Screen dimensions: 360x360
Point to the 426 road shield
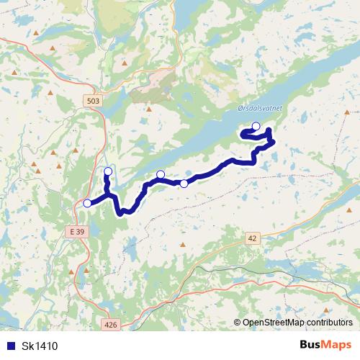tap(110, 325)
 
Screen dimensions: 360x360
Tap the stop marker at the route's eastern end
tap(256, 126)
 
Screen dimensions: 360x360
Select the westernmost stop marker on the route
tap(87, 203)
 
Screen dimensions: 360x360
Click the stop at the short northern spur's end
tap(108, 171)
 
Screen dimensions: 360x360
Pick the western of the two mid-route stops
tap(161, 174)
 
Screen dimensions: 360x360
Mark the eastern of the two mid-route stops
tap(184, 184)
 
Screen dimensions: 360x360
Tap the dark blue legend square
tap(11, 346)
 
